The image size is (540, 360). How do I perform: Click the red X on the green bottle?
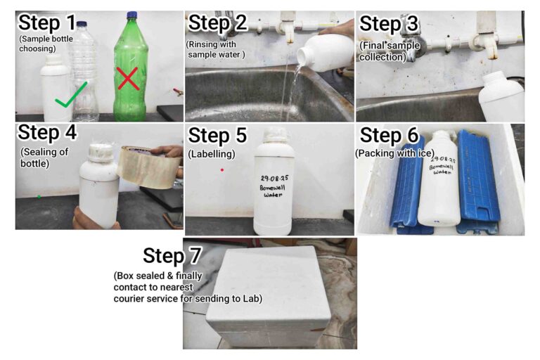coord(128,79)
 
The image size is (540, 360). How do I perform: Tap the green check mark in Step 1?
coord(71,95)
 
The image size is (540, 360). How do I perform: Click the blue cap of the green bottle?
coord(132,15)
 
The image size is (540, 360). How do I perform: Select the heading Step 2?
coord(218,23)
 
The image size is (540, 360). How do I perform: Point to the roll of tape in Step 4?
coord(149,167)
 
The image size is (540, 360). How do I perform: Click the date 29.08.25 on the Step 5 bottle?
coord(274,178)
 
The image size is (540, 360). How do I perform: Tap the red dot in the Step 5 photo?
coord(222,170)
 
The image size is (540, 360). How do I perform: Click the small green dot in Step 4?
coord(39,197)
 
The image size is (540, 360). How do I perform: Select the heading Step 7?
coord(172,256)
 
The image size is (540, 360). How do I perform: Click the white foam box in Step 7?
coord(269,296)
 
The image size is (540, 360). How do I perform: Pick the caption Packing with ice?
coord(394,153)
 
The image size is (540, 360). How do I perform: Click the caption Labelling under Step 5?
coord(212,154)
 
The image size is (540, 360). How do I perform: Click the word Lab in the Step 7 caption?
coord(253,298)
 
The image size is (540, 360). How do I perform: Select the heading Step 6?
coord(389,136)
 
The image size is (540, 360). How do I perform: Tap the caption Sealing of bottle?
coord(44,157)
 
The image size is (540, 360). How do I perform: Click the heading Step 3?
coord(389,24)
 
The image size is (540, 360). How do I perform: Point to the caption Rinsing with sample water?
coord(215,50)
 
